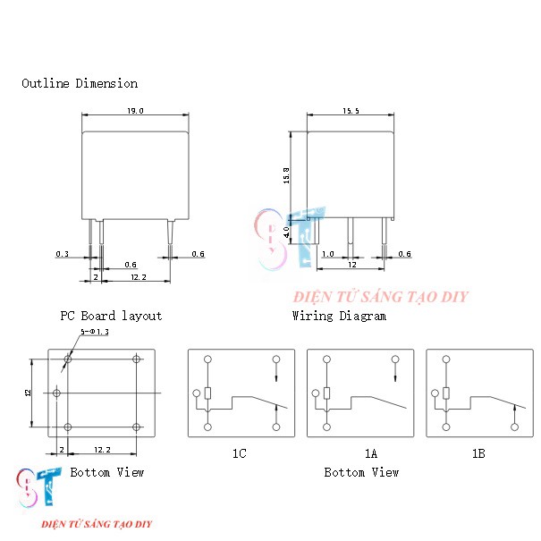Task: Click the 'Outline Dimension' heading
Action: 80,83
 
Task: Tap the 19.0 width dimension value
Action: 136,111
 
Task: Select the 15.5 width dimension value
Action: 350,111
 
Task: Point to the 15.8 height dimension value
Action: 286,175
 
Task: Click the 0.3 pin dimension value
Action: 62,254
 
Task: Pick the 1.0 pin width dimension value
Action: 327,254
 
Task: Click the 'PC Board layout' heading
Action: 111,316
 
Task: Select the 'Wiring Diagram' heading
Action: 339,316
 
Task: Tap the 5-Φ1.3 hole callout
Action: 94,332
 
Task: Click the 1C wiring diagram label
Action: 240,453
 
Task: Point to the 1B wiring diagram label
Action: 478,453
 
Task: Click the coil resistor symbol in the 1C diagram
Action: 207,393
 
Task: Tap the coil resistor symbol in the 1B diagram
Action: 446,393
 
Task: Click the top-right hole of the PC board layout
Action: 136,359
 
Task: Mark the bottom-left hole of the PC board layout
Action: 67,427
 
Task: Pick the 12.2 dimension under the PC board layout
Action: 101,448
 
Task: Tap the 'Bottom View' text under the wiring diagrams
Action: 361,472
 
